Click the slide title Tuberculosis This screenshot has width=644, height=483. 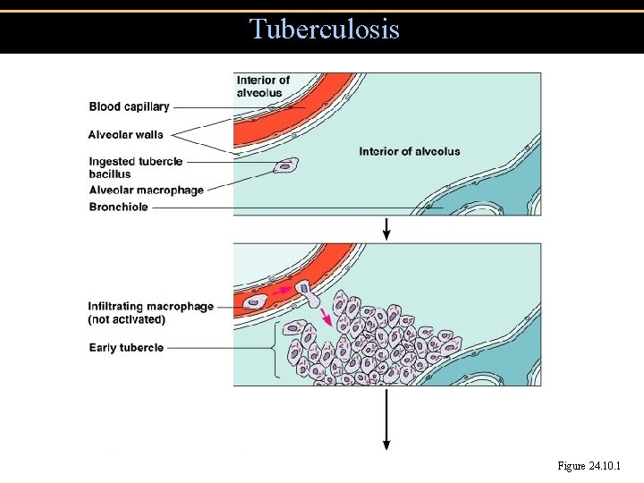(x=325, y=30)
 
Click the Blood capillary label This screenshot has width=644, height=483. (x=129, y=107)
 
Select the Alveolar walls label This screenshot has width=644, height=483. (x=125, y=135)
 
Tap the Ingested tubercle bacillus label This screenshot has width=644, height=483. (x=135, y=167)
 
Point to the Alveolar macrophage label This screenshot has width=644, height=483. (x=146, y=190)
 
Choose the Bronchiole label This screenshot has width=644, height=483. (x=118, y=208)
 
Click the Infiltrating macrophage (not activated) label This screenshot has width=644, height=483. (x=150, y=312)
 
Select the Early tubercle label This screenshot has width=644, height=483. (x=126, y=347)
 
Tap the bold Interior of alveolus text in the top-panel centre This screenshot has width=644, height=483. (x=410, y=151)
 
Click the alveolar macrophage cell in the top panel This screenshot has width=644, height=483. (x=287, y=165)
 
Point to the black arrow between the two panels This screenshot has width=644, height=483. (x=386, y=229)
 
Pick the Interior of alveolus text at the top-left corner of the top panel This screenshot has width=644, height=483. (x=263, y=87)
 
